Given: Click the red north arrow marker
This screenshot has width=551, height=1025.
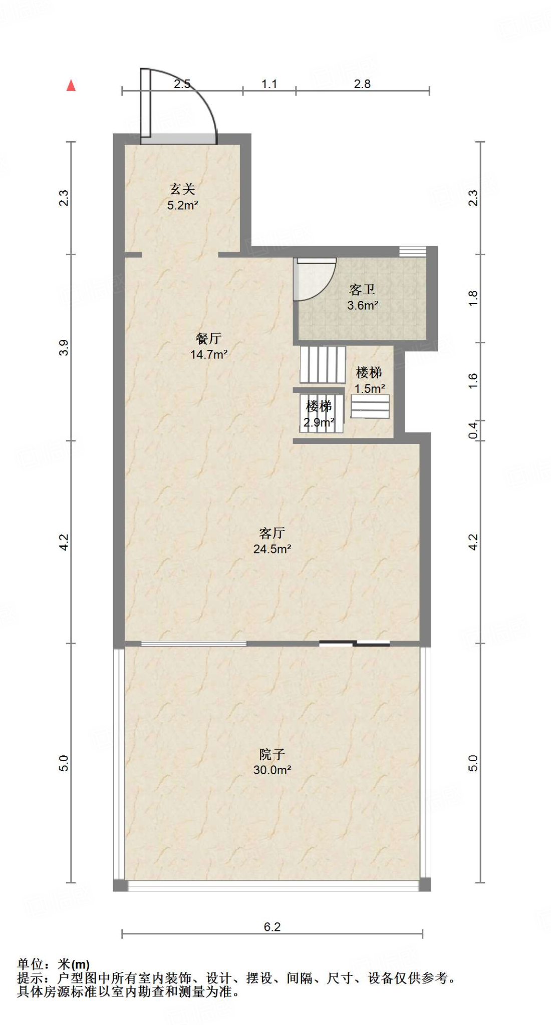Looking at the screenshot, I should [x=71, y=86].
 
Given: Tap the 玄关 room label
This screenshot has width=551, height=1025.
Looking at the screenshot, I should [x=182, y=189].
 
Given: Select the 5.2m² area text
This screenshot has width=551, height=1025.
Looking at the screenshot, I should [x=182, y=205].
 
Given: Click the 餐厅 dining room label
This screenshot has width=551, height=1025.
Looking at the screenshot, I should [x=208, y=338].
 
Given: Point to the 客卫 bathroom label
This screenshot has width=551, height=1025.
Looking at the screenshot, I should [x=362, y=289].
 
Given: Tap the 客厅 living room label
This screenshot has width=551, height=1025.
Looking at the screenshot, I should [x=272, y=533].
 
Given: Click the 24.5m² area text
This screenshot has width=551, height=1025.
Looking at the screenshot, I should [x=272, y=549].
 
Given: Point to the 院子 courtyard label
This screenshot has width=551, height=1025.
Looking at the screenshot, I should [x=272, y=754].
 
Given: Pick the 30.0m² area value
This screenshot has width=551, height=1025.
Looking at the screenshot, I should [x=272, y=770].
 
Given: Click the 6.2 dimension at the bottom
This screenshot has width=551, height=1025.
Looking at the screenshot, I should [x=272, y=927].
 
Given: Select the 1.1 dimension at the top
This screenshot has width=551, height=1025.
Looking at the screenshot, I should [x=269, y=84].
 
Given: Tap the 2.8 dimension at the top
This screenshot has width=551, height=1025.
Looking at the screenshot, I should [x=362, y=84].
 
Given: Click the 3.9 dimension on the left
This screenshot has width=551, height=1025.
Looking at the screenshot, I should [x=64, y=347].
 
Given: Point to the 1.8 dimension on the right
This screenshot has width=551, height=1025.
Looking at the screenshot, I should [x=473, y=298].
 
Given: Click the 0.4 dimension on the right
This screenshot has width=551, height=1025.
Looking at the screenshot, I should [x=473, y=430].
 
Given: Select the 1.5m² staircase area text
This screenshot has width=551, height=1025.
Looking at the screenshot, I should [x=370, y=388].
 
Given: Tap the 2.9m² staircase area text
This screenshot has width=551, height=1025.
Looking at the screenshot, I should [x=319, y=422].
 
